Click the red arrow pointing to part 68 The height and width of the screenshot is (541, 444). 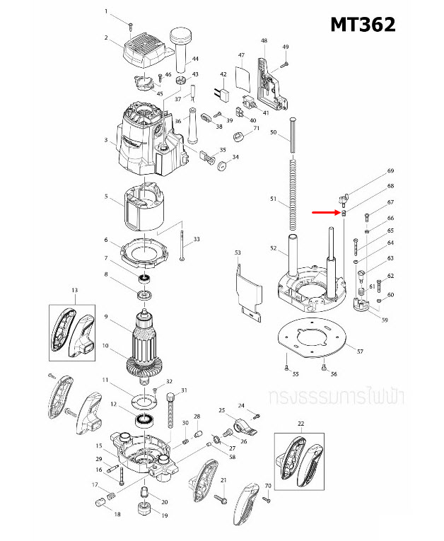pos(325,212)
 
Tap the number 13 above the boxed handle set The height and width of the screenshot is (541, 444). pos(74,290)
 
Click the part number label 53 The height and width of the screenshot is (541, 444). pos(238,252)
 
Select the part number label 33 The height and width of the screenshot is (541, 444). pos(197,240)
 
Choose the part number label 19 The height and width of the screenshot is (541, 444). pos(165,516)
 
